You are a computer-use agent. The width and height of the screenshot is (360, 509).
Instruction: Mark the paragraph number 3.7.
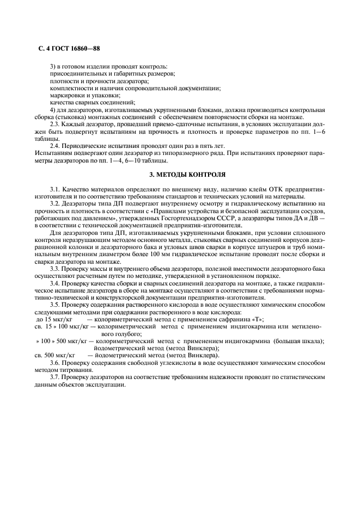[x=56, y=377]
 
